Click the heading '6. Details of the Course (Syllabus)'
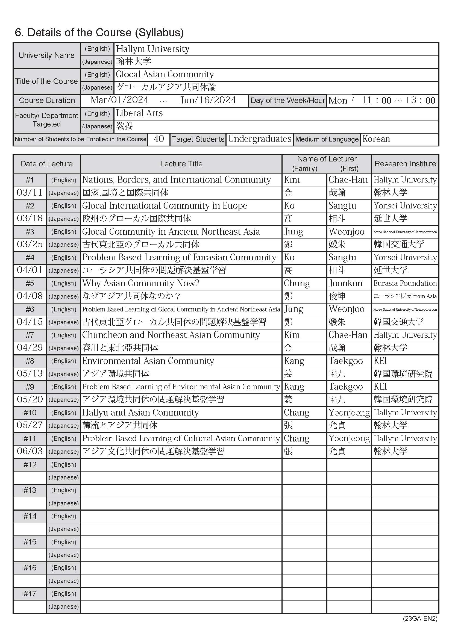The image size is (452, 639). pyautogui.click(x=99, y=33)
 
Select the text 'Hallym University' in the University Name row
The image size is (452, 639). pyautogui.click(x=152, y=49)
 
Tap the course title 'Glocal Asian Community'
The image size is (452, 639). pyautogui.click(x=165, y=74)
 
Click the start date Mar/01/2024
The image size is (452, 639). pyautogui.click(x=119, y=100)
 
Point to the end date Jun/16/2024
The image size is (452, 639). pyautogui.click(x=208, y=100)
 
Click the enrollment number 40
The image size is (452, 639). pyautogui.click(x=159, y=139)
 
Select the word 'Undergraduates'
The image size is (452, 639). pyautogui.click(x=259, y=139)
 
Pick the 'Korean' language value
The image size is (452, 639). pyautogui.click(x=376, y=139)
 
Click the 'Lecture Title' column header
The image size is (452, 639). pyautogui.click(x=181, y=164)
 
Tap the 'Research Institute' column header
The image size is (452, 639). pyautogui.click(x=405, y=164)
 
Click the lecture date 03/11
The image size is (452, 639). pyautogui.click(x=30, y=193)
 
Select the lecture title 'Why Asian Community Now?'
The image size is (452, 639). pyautogui.click(x=141, y=283)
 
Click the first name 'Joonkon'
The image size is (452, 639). pyautogui.click(x=346, y=283)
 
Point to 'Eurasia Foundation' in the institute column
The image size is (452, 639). pyautogui.click(x=405, y=283)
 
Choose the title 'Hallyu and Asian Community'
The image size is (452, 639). pyautogui.click(x=140, y=413)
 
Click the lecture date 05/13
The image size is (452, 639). pyautogui.click(x=30, y=373)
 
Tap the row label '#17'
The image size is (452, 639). pyautogui.click(x=30, y=594)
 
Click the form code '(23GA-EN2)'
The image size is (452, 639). pyautogui.click(x=420, y=619)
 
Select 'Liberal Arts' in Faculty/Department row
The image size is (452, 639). pyautogui.click(x=139, y=113)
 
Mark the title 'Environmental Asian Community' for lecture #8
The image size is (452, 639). pyautogui.click(x=148, y=361)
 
